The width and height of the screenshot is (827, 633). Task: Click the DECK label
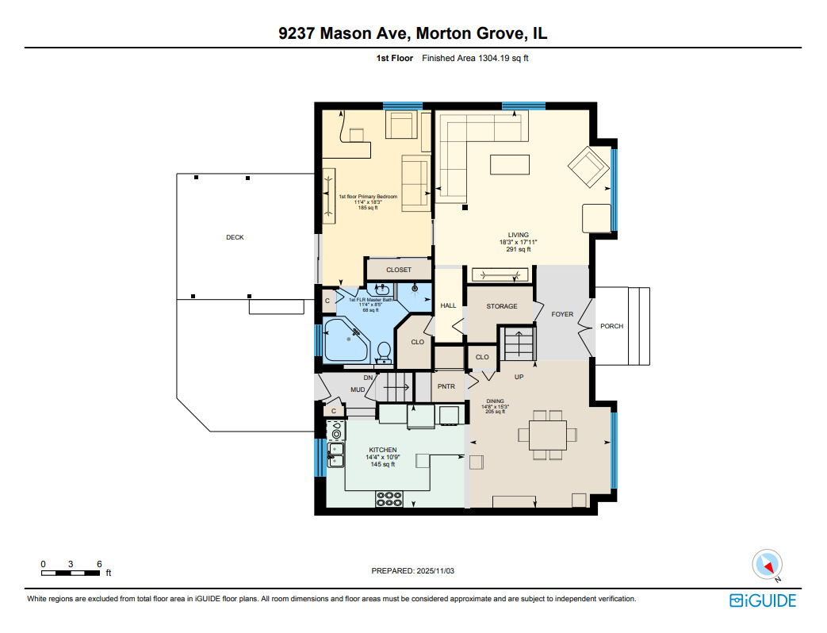coord(235,237)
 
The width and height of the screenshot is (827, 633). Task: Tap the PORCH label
coord(611,326)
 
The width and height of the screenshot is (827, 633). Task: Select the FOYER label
coord(562,314)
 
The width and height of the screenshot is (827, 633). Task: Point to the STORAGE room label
coord(501,306)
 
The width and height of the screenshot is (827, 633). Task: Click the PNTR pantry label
coord(446,386)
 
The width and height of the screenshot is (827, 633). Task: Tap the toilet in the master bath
coord(384,350)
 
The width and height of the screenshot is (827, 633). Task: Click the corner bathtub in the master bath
coord(346,342)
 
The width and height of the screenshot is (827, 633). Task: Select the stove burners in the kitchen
coord(389,499)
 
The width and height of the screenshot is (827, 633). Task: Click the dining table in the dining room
coord(542,434)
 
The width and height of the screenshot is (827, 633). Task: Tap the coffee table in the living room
coord(511,164)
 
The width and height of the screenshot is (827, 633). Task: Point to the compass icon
coord(767,565)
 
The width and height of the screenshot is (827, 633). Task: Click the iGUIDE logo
coord(763,600)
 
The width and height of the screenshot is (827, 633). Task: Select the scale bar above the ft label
coord(71,572)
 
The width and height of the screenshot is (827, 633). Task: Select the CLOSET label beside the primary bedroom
coord(398,270)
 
